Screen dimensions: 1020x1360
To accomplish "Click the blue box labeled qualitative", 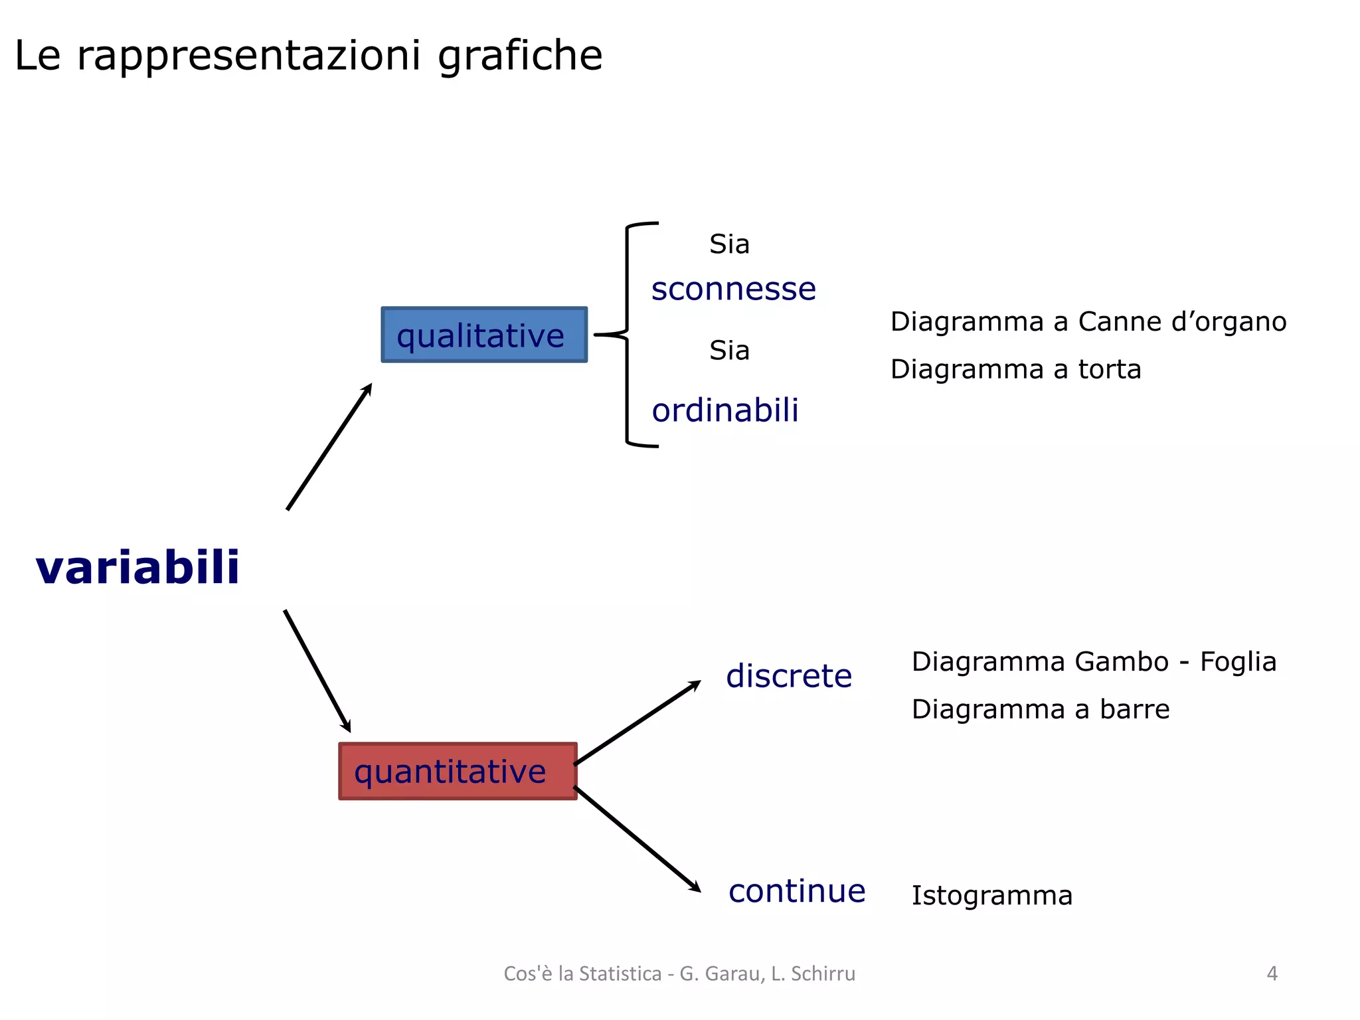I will (484, 335).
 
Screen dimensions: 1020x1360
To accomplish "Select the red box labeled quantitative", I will (458, 771).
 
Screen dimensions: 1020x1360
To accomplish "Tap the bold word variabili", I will (137, 568).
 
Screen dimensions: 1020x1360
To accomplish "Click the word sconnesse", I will (733, 289).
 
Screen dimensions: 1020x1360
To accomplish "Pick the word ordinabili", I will (724, 410).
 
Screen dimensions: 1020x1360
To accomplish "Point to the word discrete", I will (788, 676).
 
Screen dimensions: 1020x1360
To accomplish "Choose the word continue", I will (796, 891).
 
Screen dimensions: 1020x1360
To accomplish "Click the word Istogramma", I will (991, 896).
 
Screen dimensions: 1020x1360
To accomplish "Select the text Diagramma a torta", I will (1015, 369).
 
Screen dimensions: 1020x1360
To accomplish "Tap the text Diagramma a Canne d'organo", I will (1088, 322).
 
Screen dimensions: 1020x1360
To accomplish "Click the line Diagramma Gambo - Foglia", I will (1093, 662).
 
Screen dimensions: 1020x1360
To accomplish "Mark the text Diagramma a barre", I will (1040, 709).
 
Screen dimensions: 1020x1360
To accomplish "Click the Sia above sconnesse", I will (729, 244).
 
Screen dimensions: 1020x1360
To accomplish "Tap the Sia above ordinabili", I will (729, 351).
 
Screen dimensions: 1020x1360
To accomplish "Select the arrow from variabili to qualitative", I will (329, 447).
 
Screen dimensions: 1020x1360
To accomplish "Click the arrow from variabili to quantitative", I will (317, 671).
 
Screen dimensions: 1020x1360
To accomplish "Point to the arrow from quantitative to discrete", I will (637, 722).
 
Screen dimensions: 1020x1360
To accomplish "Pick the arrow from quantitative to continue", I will (637, 839).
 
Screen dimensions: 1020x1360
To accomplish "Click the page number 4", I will (1272, 974).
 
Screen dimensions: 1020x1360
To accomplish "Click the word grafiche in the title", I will (520, 56).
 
